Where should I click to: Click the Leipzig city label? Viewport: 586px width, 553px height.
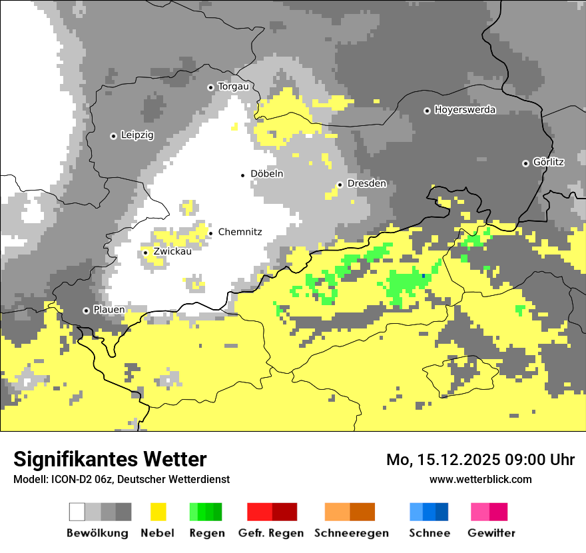click(x=137, y=135)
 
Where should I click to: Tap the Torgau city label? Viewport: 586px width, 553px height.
click(x=233, y=87)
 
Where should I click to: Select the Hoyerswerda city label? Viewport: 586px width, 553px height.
click(x=465, y=110)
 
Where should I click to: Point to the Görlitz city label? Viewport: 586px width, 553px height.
click(x=549, y=163)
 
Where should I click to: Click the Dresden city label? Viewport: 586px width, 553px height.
click(x=366, y=184)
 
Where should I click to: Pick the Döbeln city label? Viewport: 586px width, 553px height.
click(x=267, y=174)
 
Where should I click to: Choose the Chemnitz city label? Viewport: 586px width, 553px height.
click(x=240, y=232)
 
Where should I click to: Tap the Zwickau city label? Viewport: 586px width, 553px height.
click(x=172, y=252)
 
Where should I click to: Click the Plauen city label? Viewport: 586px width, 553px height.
click(x=109, y=310)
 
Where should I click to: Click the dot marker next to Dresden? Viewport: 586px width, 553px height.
click(x=340, y=185)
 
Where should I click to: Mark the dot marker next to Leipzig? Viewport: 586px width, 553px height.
click(x=113, y=136)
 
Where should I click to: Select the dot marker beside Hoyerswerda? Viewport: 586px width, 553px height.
click(x=427, y=111)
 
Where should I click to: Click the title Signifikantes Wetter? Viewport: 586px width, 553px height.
click(x=110, y=459)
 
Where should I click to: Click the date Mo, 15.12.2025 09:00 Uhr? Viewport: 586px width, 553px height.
click(x=480, y=460)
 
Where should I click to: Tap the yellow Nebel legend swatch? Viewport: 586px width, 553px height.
click(x=158, y=512)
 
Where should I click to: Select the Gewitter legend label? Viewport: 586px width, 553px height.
click(x=491, y=533)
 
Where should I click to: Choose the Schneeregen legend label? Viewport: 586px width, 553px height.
click(x=351, y=533)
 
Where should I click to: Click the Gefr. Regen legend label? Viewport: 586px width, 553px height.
click(x=271, y=533)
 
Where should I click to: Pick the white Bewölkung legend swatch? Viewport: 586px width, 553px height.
click(x=77, y=512)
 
